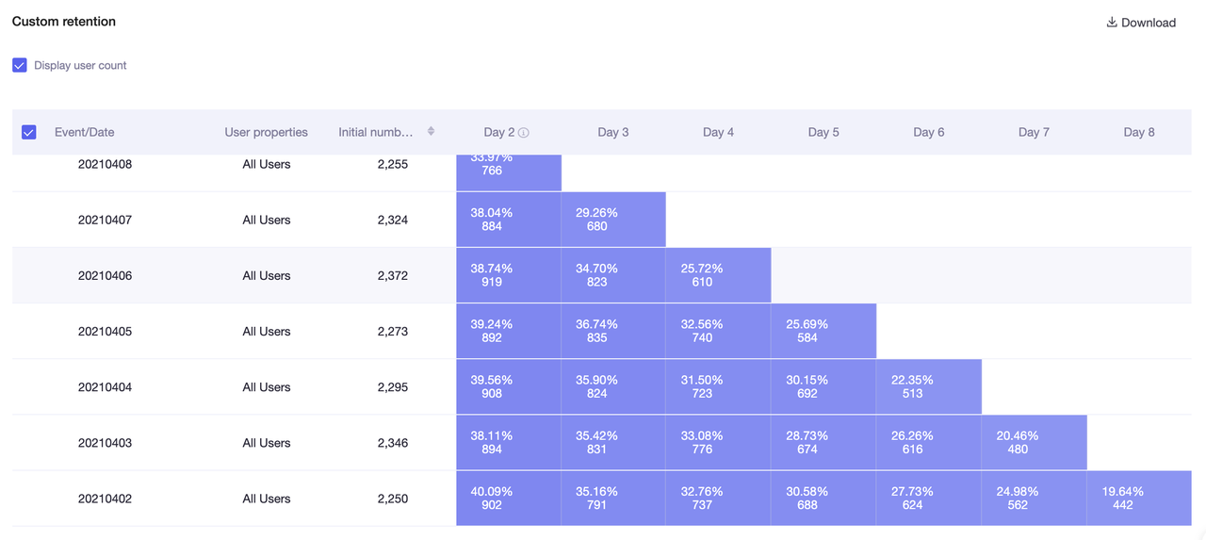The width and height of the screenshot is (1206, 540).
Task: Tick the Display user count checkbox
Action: click(20, 66)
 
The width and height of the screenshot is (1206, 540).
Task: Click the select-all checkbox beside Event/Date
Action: click(28, 133)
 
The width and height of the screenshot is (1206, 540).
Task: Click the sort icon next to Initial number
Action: click(431, 132)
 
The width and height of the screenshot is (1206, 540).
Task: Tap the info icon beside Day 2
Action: click(524, 133)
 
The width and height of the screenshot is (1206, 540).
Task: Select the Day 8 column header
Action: click(1138, 133)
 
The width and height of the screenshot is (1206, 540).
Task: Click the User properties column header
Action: click(266, 133)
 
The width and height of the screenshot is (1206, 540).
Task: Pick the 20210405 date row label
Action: click(105, 332)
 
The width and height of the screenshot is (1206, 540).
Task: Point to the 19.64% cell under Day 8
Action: click(1138, 499)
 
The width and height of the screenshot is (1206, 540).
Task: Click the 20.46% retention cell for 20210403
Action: click(1034, 443)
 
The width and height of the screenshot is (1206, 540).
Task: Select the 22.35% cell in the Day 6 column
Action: click(928, 387)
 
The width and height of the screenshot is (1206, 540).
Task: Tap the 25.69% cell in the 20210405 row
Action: click(823, 332)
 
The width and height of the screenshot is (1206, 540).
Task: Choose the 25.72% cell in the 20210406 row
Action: click(718, 276)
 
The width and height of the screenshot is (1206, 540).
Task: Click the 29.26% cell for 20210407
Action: click(612, 220)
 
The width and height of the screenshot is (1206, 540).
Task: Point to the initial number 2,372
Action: click(392, 276)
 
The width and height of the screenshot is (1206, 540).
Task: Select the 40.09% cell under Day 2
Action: click(508, 499)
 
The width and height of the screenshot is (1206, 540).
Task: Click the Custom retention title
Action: click(64, 21)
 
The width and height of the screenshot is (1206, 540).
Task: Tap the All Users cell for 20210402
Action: click(266, 499)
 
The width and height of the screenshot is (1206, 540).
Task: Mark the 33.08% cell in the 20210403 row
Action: click(718, 443)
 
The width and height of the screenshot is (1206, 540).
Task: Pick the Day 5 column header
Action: click(823, 133)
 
